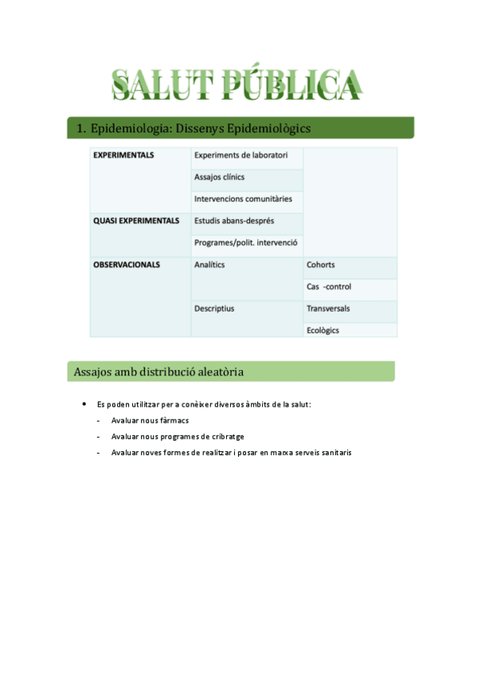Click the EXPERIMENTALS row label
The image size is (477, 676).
point(123,155)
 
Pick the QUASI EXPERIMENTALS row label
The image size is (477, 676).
point(136,221)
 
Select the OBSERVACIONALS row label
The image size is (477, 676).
point(127,265)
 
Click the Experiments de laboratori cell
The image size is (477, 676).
point(241,155)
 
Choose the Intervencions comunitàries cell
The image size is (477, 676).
point(243,198)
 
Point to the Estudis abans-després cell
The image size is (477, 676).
point(235,221)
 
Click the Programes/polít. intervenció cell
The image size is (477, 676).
point(245,242)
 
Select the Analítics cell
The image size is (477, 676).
point(209,265)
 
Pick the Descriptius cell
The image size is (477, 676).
point(214,308)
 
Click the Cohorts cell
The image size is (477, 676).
point(320,265)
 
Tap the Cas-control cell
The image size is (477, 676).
point(328,286)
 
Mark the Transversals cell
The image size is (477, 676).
point(328,308)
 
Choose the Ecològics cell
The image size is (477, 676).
point(323,329)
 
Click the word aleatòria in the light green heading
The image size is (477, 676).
point(216,371)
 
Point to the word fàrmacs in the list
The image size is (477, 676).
point(174,420)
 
